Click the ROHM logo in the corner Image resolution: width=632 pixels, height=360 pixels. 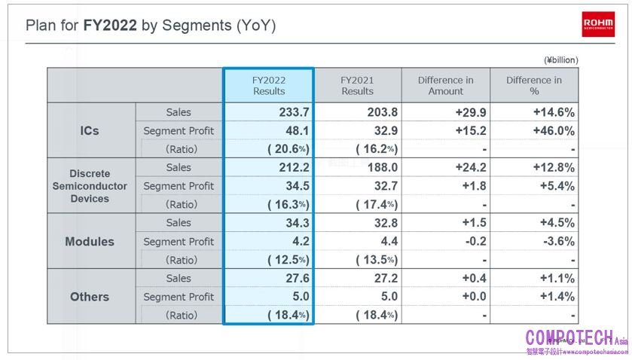(x=599, y=25)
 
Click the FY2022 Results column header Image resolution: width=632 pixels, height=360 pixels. (x=269, y=85)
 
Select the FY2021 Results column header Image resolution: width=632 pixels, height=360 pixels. (x=357, y=85)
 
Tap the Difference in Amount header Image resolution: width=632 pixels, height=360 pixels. (x=446, y=85)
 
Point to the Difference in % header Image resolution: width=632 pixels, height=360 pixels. (x=534, y=85)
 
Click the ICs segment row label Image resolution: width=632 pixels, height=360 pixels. (x=90, y=130)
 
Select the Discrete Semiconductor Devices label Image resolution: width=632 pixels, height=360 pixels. (x=90, y=186)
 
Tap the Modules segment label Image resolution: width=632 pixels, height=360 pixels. (x=90, y=242)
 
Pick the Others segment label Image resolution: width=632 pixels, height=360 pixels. (x=90, y=297)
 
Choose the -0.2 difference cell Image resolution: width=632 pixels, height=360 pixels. (x=476, y=242)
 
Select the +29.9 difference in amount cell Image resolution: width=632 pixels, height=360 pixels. (x=472, y=112)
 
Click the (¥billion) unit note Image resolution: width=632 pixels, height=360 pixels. (x=560, y=59)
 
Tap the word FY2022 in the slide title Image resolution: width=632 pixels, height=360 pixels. (x=110, y=25)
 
